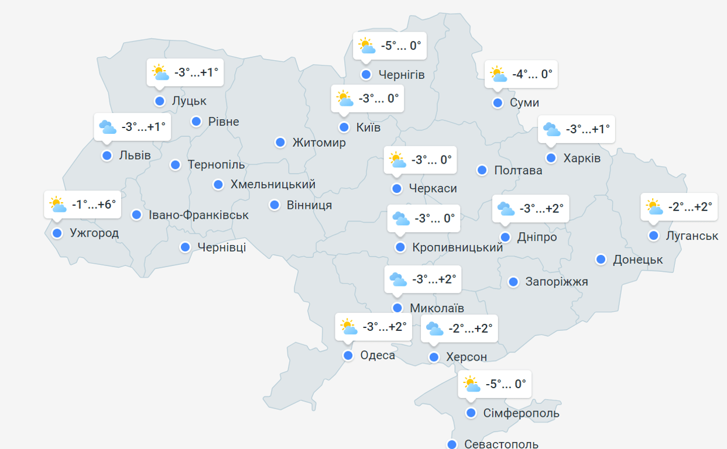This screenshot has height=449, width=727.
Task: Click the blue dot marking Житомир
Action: (280, 142)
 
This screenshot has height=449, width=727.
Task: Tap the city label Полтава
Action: (518, 170)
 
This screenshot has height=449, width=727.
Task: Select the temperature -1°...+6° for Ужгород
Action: (94, 205)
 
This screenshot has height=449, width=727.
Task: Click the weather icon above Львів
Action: (108, 127)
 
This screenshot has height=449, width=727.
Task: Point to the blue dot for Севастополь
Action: (451, 444)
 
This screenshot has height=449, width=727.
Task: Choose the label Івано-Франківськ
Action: (198, 215)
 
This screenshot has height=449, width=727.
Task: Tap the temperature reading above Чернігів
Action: (401, 46)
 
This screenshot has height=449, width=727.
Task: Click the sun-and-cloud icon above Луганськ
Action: (654, 207)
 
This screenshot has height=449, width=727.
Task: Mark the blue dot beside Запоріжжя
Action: (513, 282)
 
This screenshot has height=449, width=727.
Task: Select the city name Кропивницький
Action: (457, 247)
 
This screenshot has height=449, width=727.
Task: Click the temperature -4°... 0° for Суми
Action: (532, 74)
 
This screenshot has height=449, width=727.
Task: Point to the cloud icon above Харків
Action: (551, 129)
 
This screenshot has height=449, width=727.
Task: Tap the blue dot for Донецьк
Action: (601, 259)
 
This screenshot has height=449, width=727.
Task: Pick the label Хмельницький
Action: (273, 184)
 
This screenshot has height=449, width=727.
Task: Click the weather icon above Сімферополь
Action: (472, 384)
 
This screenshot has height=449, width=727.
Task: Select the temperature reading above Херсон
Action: (471, 328)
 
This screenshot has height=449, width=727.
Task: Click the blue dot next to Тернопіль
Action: (176, 165)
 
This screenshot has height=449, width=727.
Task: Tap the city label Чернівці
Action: (221, 247)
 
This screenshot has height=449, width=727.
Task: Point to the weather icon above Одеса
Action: (349, 327)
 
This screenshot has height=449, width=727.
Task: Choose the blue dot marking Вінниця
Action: (275, 205)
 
